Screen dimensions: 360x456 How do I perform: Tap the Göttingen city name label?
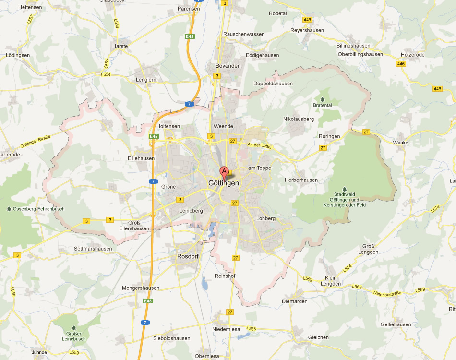click(x=223, y=183)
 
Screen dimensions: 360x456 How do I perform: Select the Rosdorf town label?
click(x=188, y=256)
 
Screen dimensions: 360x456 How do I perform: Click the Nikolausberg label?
click(x=299, y=119)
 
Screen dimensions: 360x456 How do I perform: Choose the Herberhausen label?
click(x=301, y=180)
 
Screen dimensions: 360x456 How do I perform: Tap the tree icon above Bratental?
click(x=322, y=99)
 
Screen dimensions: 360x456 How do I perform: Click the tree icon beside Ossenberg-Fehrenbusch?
click(x=10, y=209)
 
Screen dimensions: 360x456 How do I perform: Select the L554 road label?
click(x=106, y=75)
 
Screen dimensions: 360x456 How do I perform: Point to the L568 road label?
click(x=250, y=328)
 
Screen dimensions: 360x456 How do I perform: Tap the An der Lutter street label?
click(x=260, y=145)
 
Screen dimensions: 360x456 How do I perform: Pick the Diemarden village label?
click(x=294, y=302)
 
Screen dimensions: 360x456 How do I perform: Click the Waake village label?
click(x=400, y=143)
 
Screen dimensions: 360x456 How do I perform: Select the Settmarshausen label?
click(x=93, y=249)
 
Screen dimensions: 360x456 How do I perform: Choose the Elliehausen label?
click(x=141, y=158)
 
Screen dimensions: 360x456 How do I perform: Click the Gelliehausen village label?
click(x=396, y=324)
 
